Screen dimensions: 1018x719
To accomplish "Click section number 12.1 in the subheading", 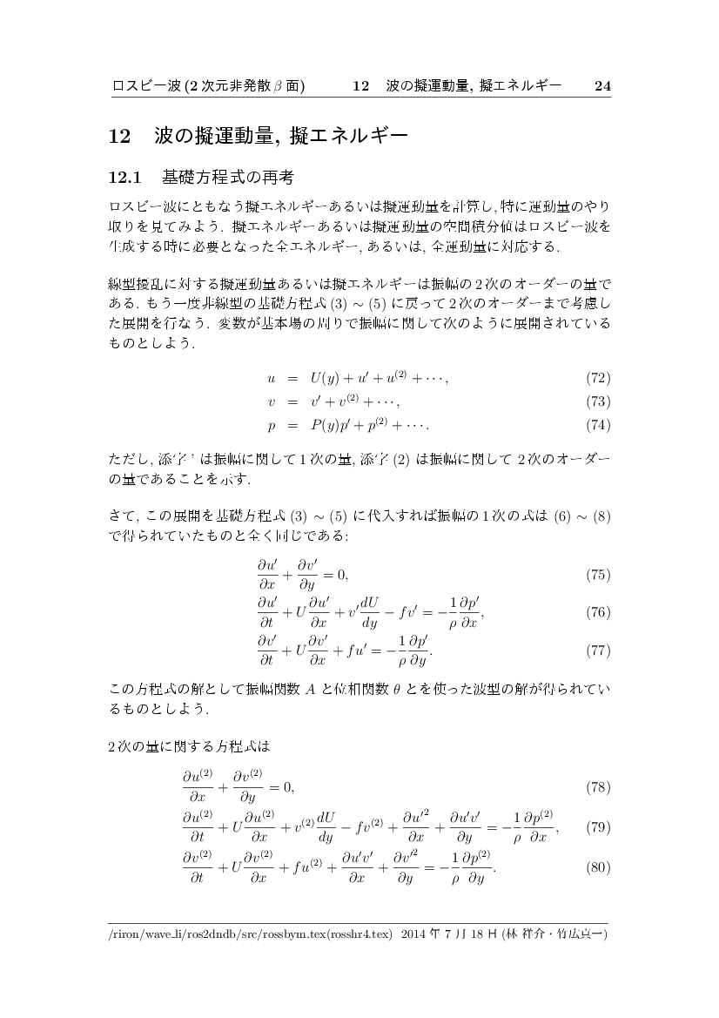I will [x=124, y=179].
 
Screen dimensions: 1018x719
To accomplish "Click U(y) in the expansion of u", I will [x=329, y=378].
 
